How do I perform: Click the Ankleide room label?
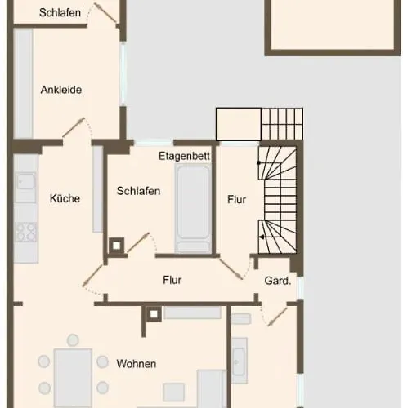point(61,90)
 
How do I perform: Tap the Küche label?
point(65,198)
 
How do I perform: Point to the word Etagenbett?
point(184,156)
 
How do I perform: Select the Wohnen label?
point(137,364)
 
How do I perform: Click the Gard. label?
point(278,281)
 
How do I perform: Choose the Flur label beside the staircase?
point(236,200)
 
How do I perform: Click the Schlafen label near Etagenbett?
point(138,191)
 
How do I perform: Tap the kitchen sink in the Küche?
point(25,182)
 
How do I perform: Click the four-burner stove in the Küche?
point(26,232)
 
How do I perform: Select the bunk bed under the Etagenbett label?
point(193,208)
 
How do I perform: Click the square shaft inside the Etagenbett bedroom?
point(117,246)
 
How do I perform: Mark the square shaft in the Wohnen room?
point(154,314)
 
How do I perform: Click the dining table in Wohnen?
point(73,378)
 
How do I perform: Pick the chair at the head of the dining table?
point(73,340)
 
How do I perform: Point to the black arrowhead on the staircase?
point(262,237)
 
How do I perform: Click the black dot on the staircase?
point(258,162)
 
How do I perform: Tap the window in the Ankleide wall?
point(123,73)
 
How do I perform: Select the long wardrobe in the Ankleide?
point(23,84)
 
